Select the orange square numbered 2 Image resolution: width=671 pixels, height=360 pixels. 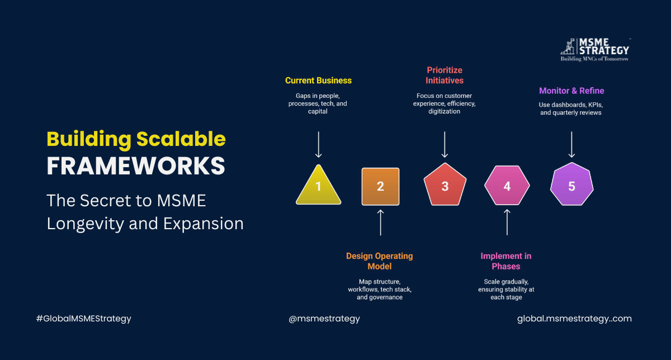[380, 186]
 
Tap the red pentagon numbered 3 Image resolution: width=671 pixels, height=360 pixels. [445, 186]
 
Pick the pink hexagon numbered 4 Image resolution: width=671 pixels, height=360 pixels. [507, 186]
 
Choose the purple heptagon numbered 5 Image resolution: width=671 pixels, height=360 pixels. [571, 186]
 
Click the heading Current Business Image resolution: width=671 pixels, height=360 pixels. [318, 80]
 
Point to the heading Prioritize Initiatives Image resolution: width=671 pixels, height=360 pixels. [445, 75]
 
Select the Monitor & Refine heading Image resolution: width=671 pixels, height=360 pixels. [571, 91]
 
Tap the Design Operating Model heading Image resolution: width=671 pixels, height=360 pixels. [380, 261]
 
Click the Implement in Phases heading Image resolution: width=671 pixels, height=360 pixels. [506, 261]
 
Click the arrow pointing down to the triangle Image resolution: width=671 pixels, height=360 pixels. [318, 144]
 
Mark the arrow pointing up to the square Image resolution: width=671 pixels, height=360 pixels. [380, 222]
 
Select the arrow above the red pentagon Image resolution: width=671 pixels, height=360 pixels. [445, 144]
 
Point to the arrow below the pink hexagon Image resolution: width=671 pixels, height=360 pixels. [507, 222]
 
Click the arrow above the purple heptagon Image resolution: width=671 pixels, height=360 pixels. [571, 144]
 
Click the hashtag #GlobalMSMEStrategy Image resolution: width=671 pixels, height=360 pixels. [83, 319]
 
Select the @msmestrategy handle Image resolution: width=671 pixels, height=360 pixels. [324, 319]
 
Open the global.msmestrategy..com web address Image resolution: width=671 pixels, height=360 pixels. [574, 319]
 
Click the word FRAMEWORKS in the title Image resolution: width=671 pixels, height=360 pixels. [136, 166]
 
